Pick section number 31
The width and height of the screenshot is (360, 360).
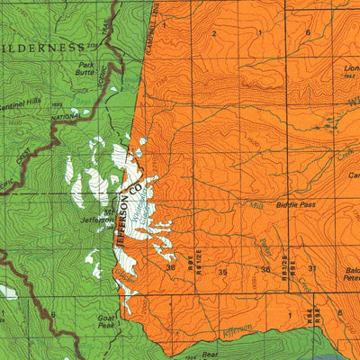(311, 269)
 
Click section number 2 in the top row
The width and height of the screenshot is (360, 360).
(214, 33)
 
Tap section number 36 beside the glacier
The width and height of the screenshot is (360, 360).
(169, 267)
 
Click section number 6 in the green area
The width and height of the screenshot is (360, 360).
(53, 314)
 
